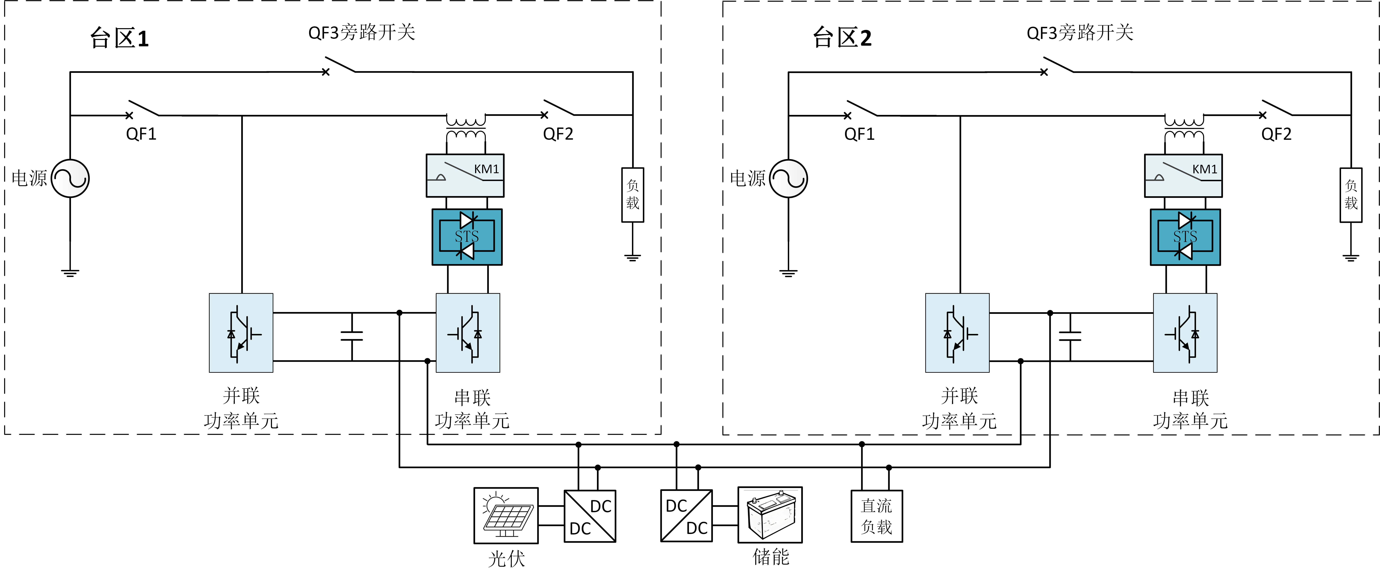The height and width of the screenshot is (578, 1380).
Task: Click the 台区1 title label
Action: [x=119, y=38]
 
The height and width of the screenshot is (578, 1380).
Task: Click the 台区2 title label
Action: [x=842, y=37]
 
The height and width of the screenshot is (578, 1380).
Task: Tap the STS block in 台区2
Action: [x=1185, y=236]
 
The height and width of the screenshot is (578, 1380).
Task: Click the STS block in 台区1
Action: [x=467, y=236]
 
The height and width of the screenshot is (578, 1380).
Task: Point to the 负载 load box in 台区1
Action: [x=633, y=195]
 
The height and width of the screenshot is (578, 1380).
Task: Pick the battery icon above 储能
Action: [x=770, y=515]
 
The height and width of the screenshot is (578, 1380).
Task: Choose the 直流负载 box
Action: [x=876, y=516]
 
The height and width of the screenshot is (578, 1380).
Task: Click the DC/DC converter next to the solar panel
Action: [x=590, y=516]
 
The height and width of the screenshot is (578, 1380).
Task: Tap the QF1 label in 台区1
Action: [x=141, y=134]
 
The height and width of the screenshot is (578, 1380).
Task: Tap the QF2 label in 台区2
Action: [x=1276, y=134]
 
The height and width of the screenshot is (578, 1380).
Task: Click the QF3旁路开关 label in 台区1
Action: [x=362, y=33]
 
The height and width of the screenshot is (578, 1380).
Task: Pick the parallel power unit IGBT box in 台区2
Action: [x=957, y=332]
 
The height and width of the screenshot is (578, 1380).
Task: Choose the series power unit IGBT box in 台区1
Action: [x=468, y=332]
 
